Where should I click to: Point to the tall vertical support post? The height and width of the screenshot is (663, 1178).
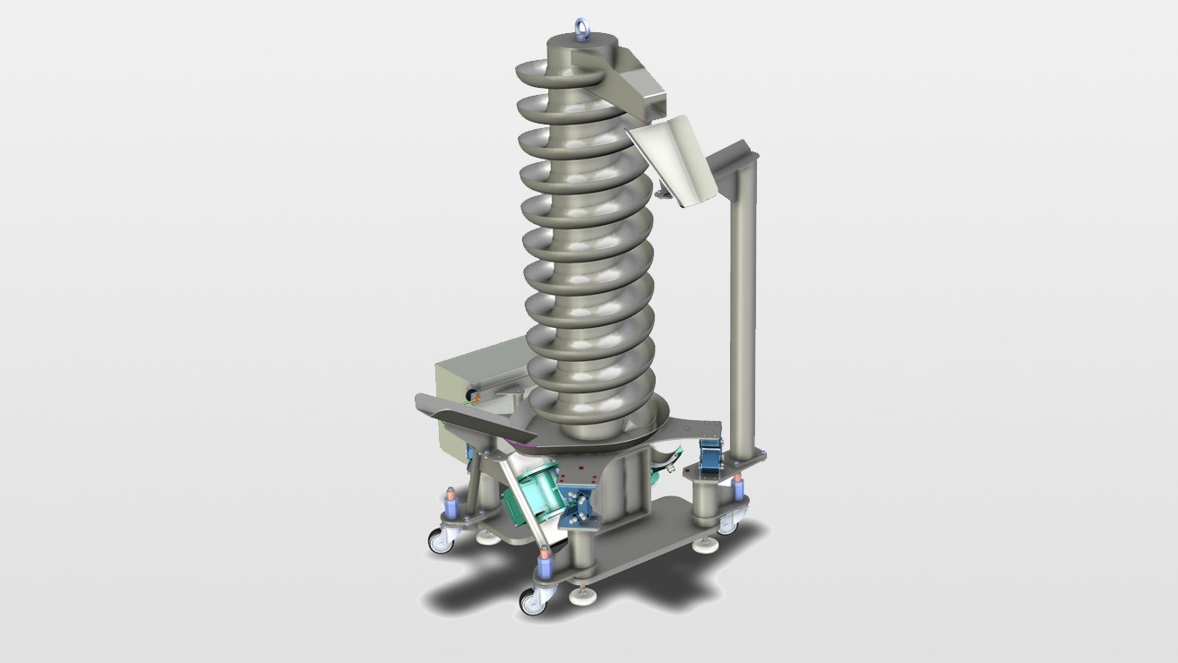[x=741, y=305]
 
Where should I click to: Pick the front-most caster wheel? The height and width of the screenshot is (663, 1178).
[x=533, y=600]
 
